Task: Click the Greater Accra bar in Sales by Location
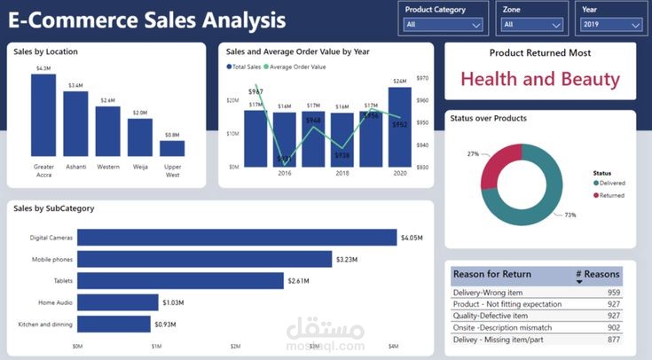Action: pyautogui.click(x=43, y=115)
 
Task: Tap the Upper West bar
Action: pyautogui.click(x=172, y=148)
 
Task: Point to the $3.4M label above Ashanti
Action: pyautogui.click(x=75, y=85)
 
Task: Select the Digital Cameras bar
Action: pyautogui.click(x=236, y=238)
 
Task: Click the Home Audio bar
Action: pyautogui.click(x=117, y=302)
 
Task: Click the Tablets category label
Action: pyautogui.click(x=63, y=281)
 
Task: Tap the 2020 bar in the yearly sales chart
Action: pyautogui.click(x=399, y=126)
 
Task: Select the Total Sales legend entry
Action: pyautogui.click(x=246, y=67)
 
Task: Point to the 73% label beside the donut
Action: pyautogui.click(x=570, y=215)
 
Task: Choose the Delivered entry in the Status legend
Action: pyautogui.click(x=611, y=183)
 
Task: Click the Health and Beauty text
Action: pyautogui.click(x=539, y=79)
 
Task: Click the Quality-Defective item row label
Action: pyautogui.click(x=491, y=316)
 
